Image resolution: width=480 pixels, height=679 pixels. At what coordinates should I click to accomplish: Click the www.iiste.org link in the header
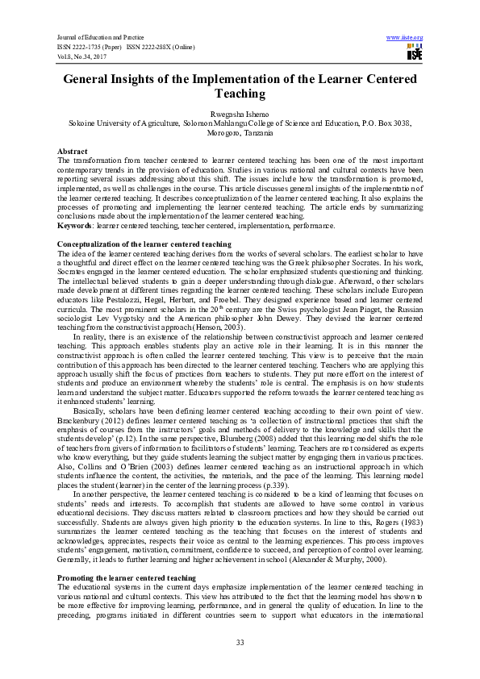point(405,38)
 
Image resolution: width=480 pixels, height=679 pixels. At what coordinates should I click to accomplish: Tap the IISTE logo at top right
point(415,52)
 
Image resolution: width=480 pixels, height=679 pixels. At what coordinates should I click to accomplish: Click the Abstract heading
point(73,152)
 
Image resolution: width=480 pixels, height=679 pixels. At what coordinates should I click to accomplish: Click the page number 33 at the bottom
point(240,641)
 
